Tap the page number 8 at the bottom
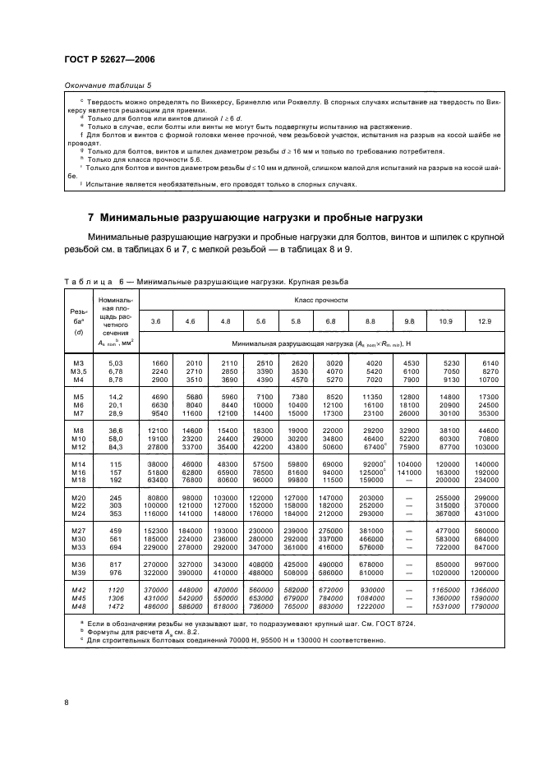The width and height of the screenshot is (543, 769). point(66,702)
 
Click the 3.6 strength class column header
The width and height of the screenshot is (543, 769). point(157,320)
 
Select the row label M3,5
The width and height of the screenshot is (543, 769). point(79,371)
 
